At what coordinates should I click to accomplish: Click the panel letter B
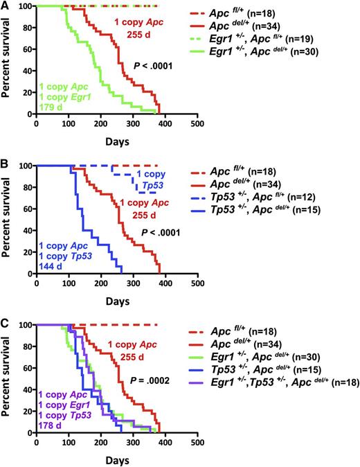point(5,166)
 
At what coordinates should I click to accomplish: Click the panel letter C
point(5,324)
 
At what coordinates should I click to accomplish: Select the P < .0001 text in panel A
point(153,67)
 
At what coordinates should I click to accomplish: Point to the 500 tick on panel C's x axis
point(197,443)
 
